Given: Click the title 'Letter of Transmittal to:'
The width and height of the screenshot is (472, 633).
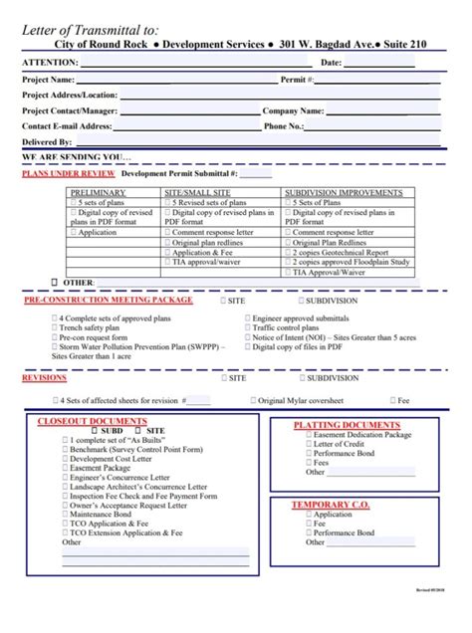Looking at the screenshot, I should point(98,29).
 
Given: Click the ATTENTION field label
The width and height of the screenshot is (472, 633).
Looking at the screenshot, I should point(51,63).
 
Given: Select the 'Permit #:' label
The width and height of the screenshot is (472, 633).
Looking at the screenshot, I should point(298,79).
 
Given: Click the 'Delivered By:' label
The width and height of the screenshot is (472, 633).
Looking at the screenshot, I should point(47,142).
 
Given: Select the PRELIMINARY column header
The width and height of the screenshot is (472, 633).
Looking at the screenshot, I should point(98,191).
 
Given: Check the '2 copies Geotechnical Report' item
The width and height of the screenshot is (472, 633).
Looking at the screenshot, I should point(340,252).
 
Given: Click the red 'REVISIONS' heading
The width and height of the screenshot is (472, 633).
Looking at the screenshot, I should point(45,378).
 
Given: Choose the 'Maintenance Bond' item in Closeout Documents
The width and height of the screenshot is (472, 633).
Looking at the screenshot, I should point(101,514).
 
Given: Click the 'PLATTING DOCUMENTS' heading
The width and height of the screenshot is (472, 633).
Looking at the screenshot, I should point(346,425).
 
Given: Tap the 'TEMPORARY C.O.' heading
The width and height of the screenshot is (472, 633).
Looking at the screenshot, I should point(330,505).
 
